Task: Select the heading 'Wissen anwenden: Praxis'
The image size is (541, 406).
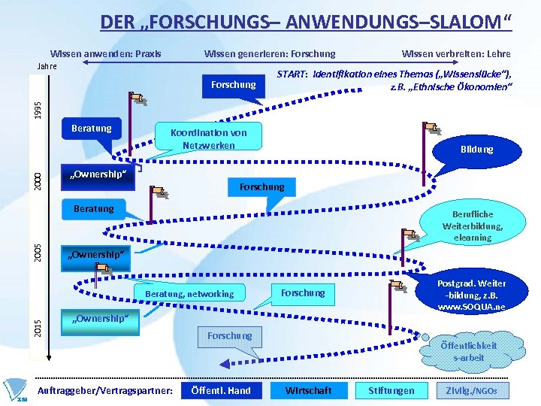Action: (x=105, y=54)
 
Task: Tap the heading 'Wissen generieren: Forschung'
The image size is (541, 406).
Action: (x=270, y=54)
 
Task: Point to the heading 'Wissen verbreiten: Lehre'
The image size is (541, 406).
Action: (x=456, y=54)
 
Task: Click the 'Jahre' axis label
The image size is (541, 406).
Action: (x=47, y=66)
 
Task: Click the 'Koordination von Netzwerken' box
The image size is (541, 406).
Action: (x=208, y=138)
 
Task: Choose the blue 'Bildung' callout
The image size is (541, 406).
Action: (x=476, y=150)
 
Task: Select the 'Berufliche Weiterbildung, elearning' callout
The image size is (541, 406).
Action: (x=473, y=226)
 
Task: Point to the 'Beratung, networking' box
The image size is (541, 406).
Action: (x=189, y=293)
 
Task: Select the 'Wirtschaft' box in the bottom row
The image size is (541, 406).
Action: (x=309, y=390)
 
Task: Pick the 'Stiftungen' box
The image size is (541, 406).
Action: (x=391, y=390)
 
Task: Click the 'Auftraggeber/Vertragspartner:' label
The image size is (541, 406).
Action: (x=105, y=390)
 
